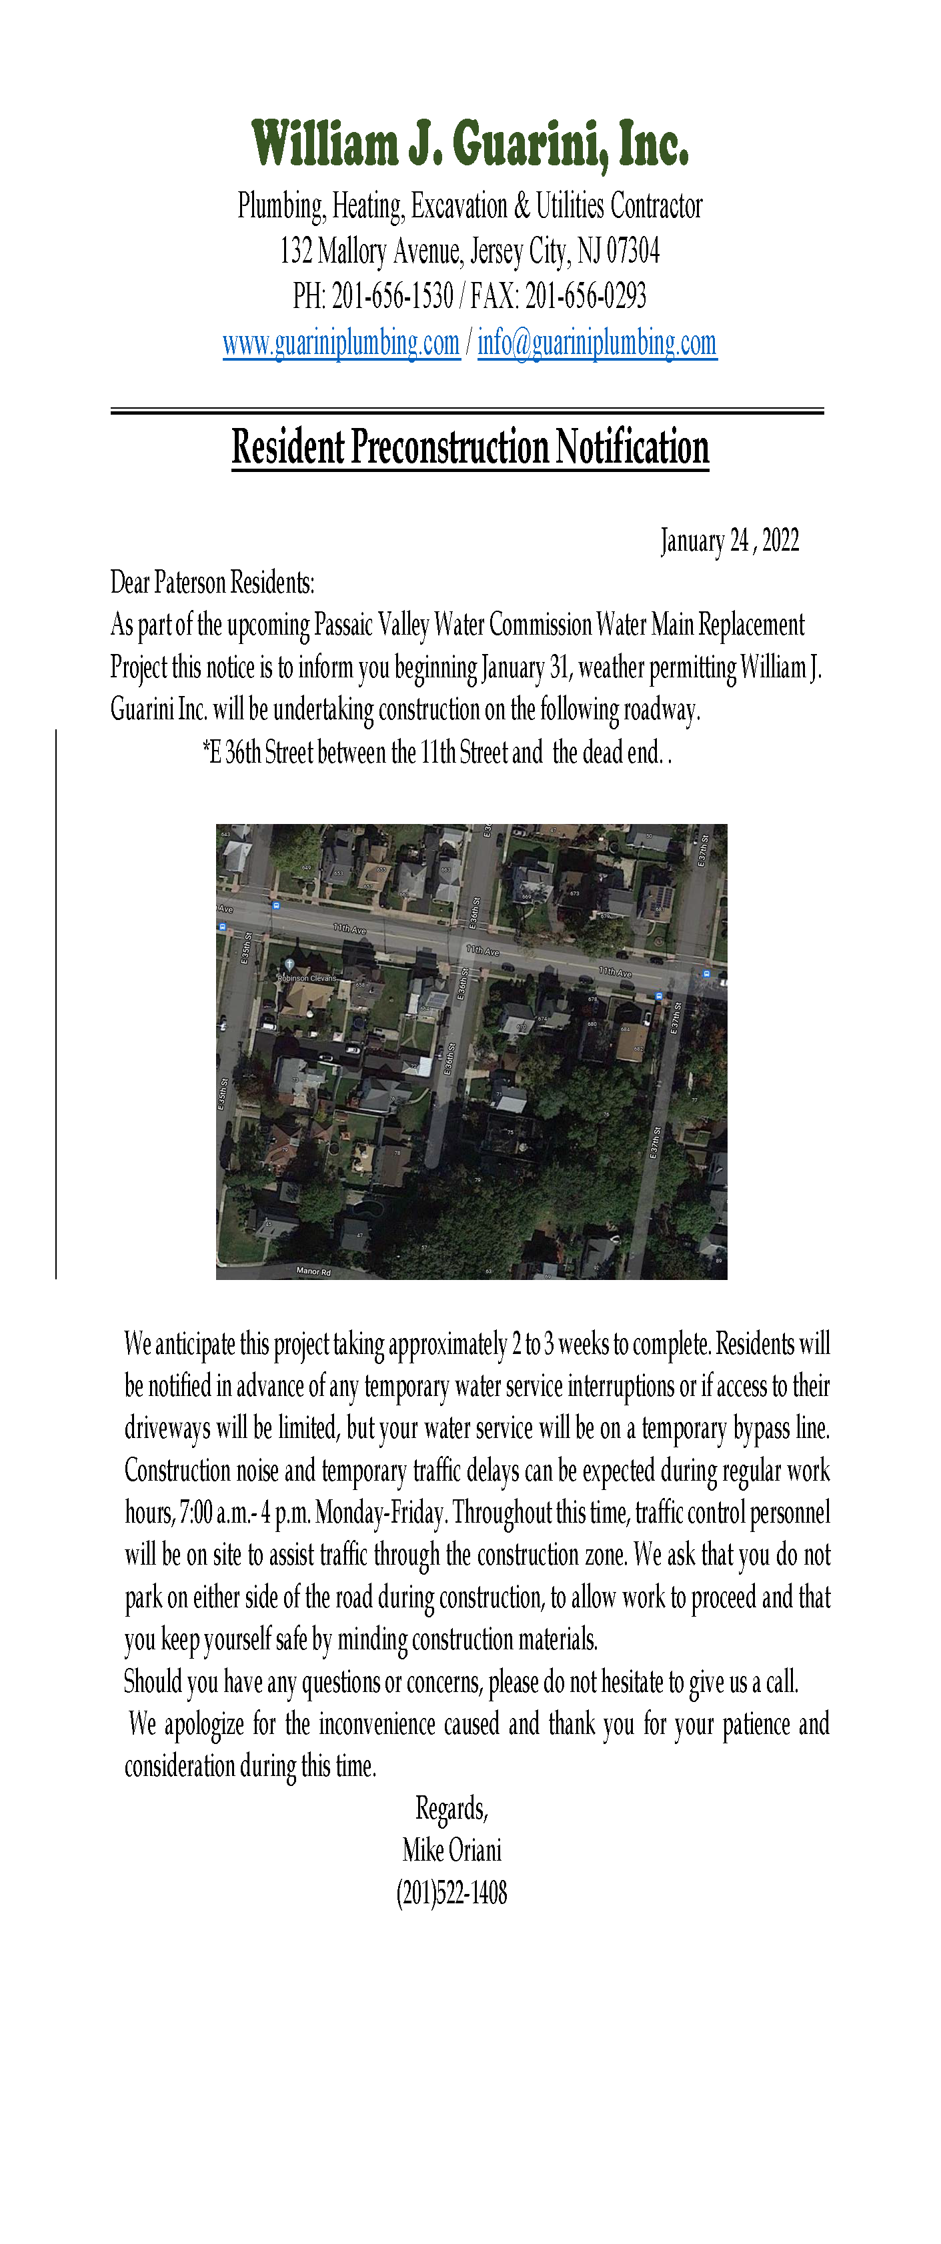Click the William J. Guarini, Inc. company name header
471,144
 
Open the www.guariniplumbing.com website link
341,343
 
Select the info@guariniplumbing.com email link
597,343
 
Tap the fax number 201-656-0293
586,296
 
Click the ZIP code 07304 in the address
633,251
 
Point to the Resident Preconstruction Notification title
471,447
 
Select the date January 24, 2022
730,541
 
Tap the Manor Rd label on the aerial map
313,1271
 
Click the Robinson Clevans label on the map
307,978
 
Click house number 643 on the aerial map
225,835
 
